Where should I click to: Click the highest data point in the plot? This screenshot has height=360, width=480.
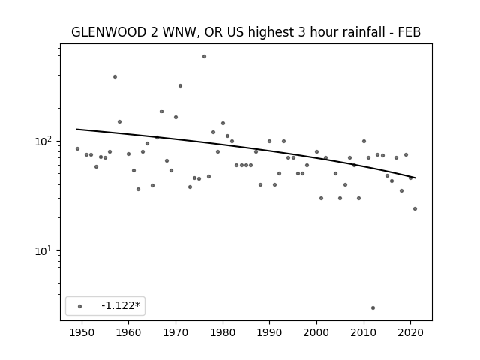pyautogui.click(x=204, y=57)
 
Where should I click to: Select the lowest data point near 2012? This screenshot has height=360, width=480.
pyautogui.click(x=373, y=308)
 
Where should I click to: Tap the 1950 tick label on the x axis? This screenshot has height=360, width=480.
pyautogui.click(x=82, y=332)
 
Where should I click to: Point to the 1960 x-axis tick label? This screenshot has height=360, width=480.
pyautogui.click(x=128, y=332)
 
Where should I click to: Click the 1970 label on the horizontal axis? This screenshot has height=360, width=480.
pyautogui.click(x=175, y=332)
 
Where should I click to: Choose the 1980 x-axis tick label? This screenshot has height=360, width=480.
pyautogui.click(x=223, y=332)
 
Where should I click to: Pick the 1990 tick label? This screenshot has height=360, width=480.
pyautogui.click(x=270, y=332)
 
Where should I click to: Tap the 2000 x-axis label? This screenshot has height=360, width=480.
pyautogui.click(x=316, y=332)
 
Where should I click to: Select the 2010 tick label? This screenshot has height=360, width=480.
pyautogui.click(x=364, y=332)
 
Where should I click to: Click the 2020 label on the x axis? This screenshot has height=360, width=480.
pyautogui.click(x=411, y=332)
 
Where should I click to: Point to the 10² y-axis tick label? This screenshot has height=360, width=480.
pyautogui.click(x=44, y=142)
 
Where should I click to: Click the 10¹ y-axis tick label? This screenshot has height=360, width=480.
pyautogui.click(x=44, y=251)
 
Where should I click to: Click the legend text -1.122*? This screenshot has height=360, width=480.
pyautogui.click(x=121, y=305)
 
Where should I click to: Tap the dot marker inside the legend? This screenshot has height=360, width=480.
pyautogui.click(x=80, y=306)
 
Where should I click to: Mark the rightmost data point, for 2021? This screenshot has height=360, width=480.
pyautogui.click(x=415, y=208)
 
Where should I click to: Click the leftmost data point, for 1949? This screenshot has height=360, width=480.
pyautogui.click(x=77, y=148)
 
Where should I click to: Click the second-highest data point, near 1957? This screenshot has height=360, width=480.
pyautogui.click(x=115, y=76)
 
